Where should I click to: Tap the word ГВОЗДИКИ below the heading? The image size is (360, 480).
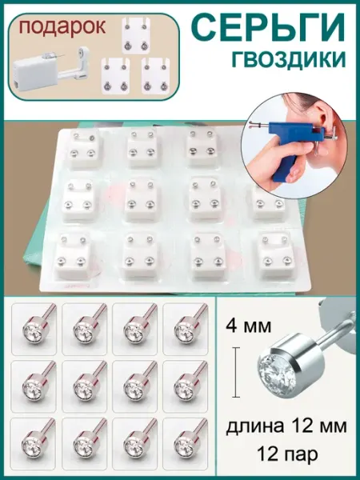pyautogui.click(x=289, y=59)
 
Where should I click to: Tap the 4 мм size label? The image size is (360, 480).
pyautogui.click(x=249, y=326)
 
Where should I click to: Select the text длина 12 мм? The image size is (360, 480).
pyautogui.click(x=286, y=426)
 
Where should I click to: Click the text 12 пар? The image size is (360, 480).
pyautogui.click(x=287, y=454)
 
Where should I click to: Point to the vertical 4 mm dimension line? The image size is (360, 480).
pyautogui.click(x=236, y=372)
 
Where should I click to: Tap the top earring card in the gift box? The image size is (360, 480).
pyautogui.click(x=136, y=36)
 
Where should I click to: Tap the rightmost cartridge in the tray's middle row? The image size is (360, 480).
pyautogui.click(x=269, y=202)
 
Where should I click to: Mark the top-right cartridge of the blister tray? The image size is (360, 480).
pyautogui.click(x=202, y=148)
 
